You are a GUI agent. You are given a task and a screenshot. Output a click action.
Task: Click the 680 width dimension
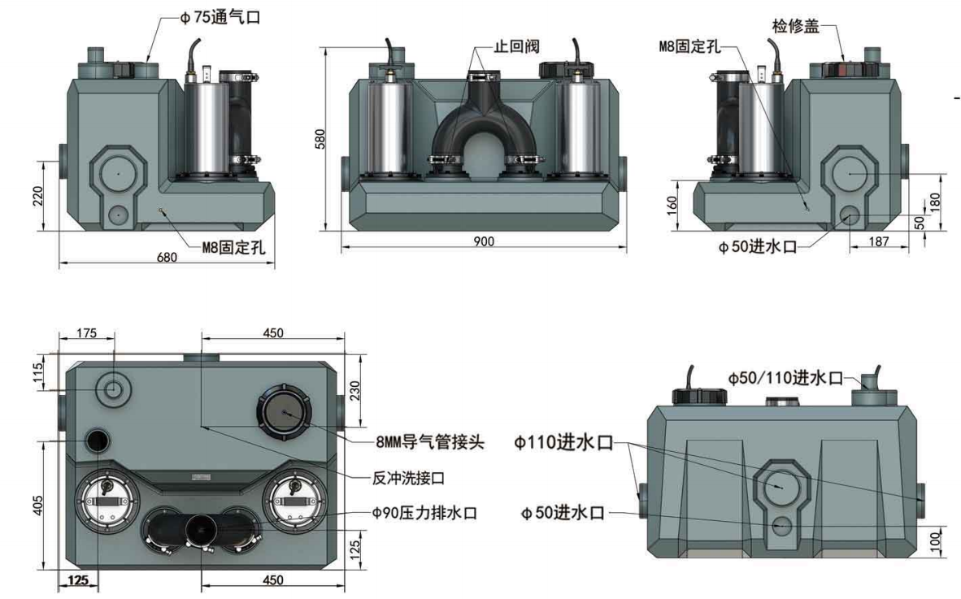[167, 258]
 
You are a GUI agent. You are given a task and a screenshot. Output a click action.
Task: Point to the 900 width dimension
[486, 241]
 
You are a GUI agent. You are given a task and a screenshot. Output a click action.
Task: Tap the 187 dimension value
[878, 241]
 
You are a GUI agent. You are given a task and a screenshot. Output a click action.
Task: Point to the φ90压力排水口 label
[424, 513]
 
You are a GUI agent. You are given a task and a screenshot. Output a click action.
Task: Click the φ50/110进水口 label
[784, 378]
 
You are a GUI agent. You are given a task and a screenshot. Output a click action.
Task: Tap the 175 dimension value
[85, 332]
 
